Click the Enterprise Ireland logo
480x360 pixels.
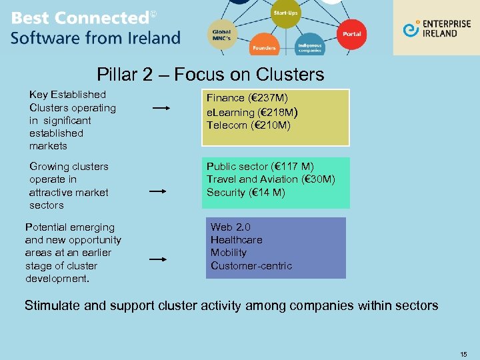coord(436,29)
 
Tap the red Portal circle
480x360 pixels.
coord(351,34)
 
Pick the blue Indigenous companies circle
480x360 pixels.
coord(309,47)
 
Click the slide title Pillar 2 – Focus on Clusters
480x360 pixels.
coord(210,74)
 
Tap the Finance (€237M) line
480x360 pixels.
coord(247,98)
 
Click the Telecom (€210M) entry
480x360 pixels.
coord(248,125)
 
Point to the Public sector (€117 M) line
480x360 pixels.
coord(260,166)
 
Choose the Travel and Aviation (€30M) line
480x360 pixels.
coord(271,179)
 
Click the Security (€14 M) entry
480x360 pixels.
coord(245,192)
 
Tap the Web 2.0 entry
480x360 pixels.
coord(231,227)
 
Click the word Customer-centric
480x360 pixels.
coord(251,265)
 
